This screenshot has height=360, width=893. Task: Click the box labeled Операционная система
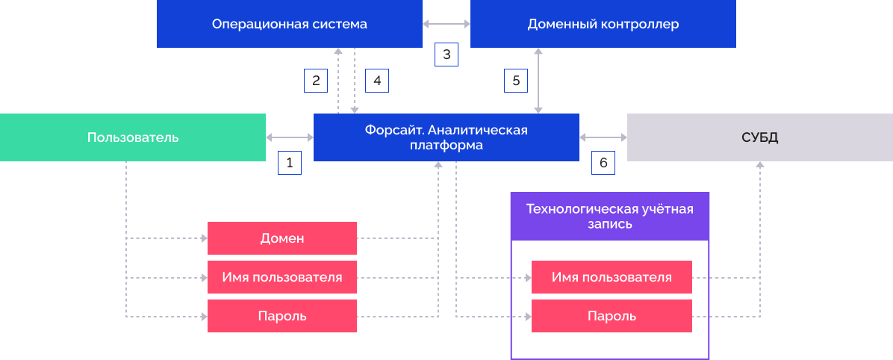tap(289, 24)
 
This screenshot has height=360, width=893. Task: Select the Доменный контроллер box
tap(603, 24)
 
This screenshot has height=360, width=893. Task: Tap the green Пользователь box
tap(133, 137)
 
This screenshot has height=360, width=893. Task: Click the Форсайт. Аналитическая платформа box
tap(446, 137)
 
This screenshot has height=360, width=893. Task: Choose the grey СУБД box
tap(759, 137)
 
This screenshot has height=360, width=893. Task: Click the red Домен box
tap(281, 238)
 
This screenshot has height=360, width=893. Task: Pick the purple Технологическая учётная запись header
tap(609, 216)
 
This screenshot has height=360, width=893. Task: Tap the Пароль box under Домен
tap(281, 316)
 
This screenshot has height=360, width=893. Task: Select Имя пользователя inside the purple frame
tap(612, 277)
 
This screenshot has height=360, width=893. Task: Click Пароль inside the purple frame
tap(612, 316)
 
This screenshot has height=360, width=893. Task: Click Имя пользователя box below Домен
tap(281, 277)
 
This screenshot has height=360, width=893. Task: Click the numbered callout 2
tap(316, 81)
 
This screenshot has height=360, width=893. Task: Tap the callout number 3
tap(446, 55)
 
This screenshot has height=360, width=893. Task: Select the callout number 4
tap(377, 81)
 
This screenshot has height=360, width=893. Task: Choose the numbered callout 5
tap(516, 81)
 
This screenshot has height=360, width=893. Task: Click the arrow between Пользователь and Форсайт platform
tap(290, 137)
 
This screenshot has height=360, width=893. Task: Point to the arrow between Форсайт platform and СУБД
tap(603, 137)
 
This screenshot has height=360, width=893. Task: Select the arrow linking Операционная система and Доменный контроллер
tap(446, 24)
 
